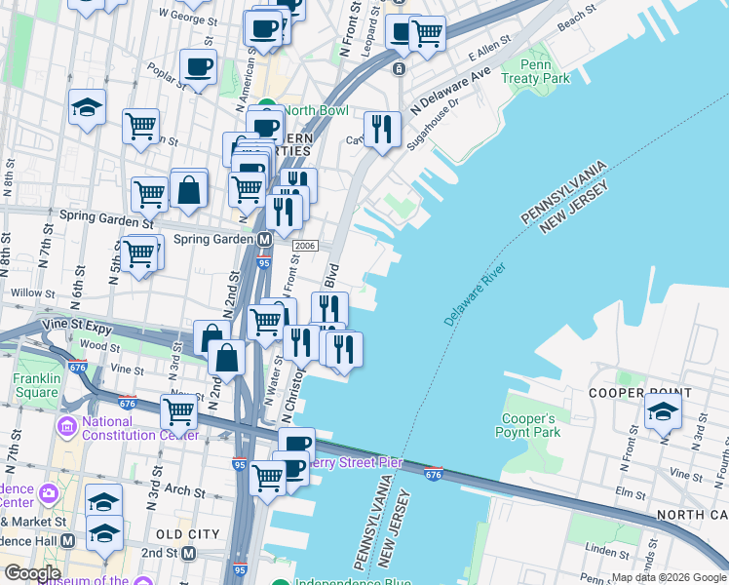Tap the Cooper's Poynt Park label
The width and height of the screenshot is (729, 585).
[x=530, y=425]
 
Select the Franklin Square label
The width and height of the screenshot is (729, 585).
[x=36, y=386]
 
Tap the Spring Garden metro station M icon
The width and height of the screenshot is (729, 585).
[x=264, y=239]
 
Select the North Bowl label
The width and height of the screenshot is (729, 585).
[x=311, y=110]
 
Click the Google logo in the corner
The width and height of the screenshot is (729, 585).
[x=31, y=572]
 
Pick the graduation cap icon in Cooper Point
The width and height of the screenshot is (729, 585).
[x=663, y=410]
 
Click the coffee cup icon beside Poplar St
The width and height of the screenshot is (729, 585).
[x=198, y=67]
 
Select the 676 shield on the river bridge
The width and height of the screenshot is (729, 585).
[x=436, y=474]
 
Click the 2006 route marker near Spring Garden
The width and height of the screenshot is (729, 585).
[x=305, y=246]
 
